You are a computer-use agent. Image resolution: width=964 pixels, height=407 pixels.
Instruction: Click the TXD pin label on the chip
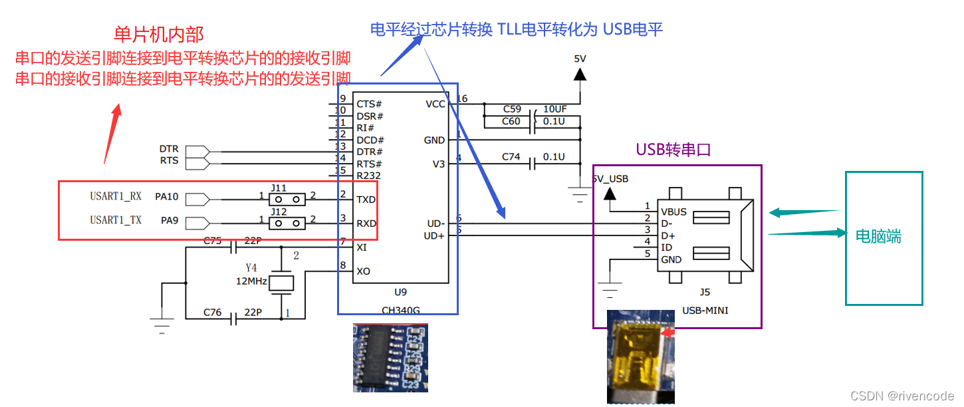[366, 200]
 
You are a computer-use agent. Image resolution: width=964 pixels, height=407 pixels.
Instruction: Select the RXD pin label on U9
[366, 223]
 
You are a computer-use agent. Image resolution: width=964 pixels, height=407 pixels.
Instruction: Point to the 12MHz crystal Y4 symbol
[281, 283]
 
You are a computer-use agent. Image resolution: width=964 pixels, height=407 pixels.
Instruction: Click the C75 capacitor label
[213, 241]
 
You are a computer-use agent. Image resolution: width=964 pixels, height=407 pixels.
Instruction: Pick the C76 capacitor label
[213, 312]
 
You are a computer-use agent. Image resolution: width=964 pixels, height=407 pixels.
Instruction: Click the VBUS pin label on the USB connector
[674, 212]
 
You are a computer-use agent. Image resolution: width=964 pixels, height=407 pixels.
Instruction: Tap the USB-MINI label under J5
[705, 310]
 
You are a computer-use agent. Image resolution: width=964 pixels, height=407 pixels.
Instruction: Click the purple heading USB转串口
[673, 150]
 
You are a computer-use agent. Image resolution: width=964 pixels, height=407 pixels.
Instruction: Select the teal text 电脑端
[878, 236]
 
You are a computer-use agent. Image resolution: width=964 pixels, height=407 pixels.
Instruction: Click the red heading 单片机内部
[158, 35]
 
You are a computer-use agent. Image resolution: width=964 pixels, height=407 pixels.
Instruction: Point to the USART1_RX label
[116, 196]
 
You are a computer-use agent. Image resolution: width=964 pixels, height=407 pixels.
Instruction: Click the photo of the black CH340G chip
[390, 357]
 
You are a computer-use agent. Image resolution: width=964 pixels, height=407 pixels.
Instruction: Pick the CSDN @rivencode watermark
[902, 395]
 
